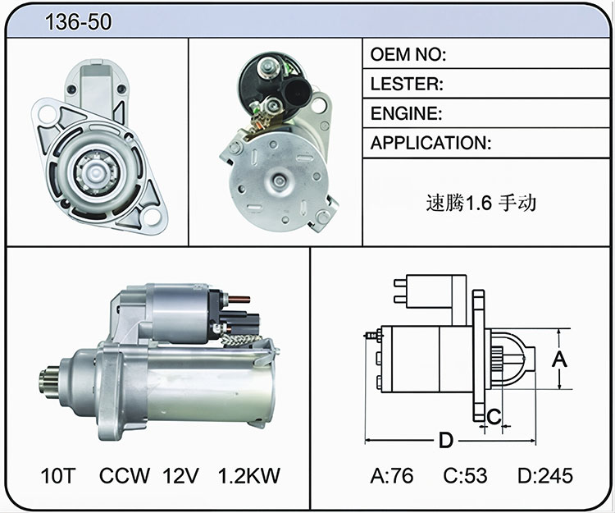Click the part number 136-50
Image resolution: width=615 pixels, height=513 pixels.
(79, 22)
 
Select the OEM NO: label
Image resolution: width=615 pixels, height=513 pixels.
(408, 54)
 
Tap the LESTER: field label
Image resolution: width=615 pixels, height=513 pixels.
(407, 84)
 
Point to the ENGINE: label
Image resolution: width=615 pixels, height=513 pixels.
(407, 113)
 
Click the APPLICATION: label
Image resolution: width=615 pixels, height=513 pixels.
(430, 143)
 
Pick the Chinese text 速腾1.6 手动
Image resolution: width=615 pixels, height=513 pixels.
(481, 203)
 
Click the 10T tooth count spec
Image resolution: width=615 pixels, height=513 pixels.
(57, 475)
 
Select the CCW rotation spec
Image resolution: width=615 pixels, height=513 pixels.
(125, 475)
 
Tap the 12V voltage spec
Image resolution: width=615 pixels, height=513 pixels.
(181, 475)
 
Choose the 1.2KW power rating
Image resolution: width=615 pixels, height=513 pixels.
(249, 475)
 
